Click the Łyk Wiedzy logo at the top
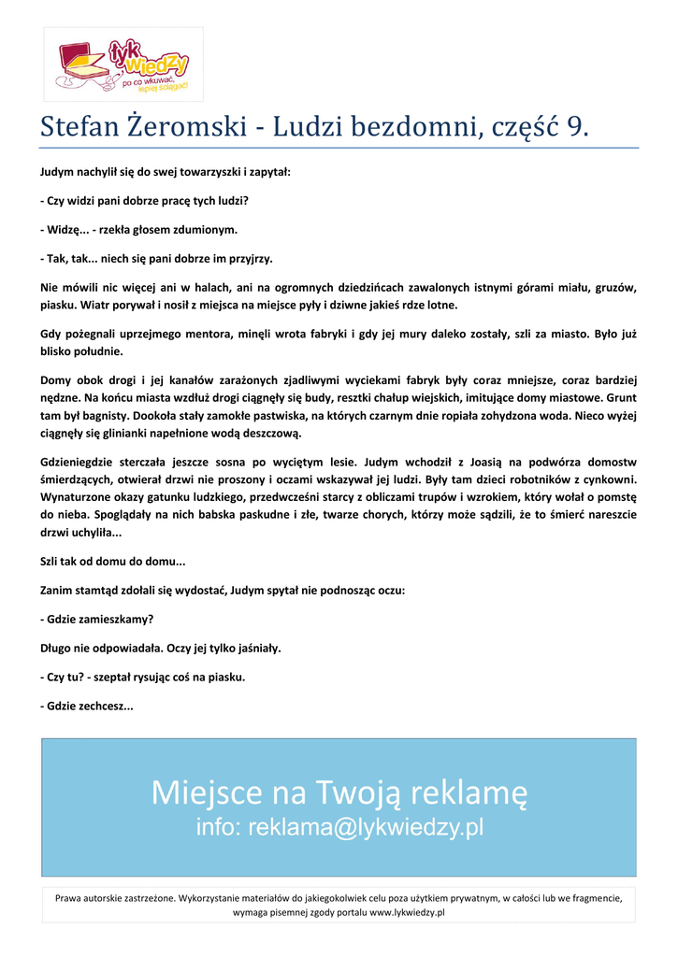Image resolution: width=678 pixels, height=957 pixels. click(123, 64)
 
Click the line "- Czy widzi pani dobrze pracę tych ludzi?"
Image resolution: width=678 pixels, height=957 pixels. click(145, 201)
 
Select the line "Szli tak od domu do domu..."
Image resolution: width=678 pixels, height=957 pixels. click(113, 562)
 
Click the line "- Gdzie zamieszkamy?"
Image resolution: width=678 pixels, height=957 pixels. click(97, 619)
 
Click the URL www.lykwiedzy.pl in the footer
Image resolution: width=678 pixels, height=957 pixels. click(407, 911)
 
